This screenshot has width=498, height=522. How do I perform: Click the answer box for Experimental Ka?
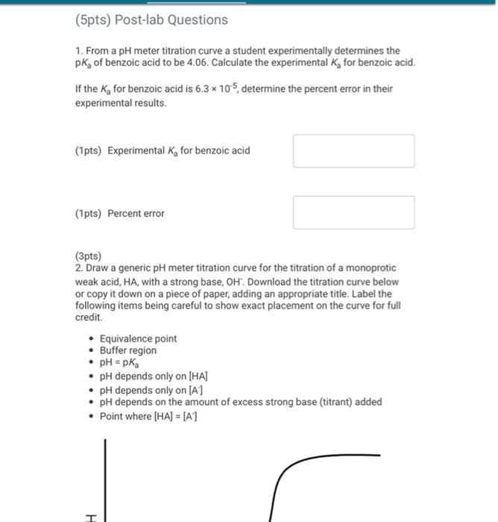pos(353,151)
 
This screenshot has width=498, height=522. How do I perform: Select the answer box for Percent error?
pos(353,213)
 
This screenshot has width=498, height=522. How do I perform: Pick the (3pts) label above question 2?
pos(88,256)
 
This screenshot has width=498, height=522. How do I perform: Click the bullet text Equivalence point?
pos(138,339)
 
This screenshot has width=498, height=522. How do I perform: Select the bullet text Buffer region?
pos(128,350)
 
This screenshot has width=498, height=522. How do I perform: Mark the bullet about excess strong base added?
pos(240,402)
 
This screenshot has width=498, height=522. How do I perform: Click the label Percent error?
pos(136,213)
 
